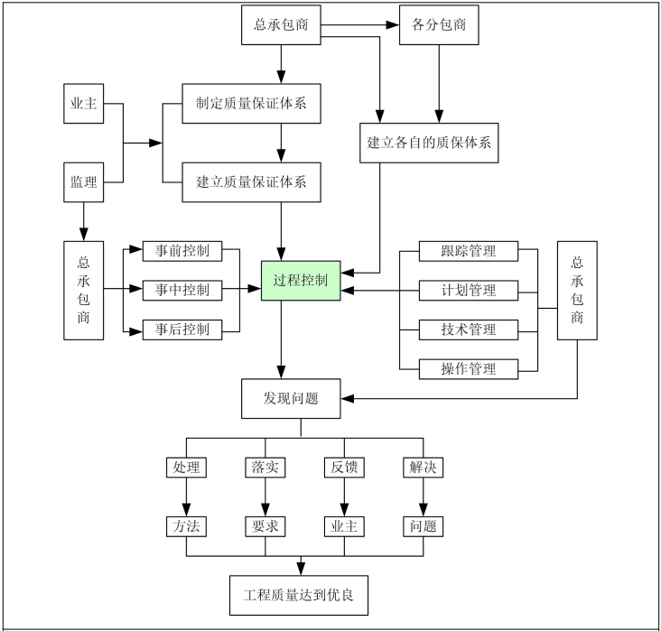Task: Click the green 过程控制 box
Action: [300, 281]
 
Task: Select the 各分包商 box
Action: [438, 24]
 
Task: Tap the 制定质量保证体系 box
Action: [252, 103]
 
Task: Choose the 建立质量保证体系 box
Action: [252, 181]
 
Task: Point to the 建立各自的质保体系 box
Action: [429, 142]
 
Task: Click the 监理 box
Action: [84, 181]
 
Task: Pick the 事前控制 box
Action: [182, 250]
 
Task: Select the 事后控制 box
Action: [182, 329]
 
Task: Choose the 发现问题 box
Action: [291, 398]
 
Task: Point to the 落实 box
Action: [265, 468]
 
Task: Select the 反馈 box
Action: [343, 468]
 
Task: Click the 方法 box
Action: [185, 526]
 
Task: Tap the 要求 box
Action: [265, 526]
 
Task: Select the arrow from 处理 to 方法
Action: [185, 496]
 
